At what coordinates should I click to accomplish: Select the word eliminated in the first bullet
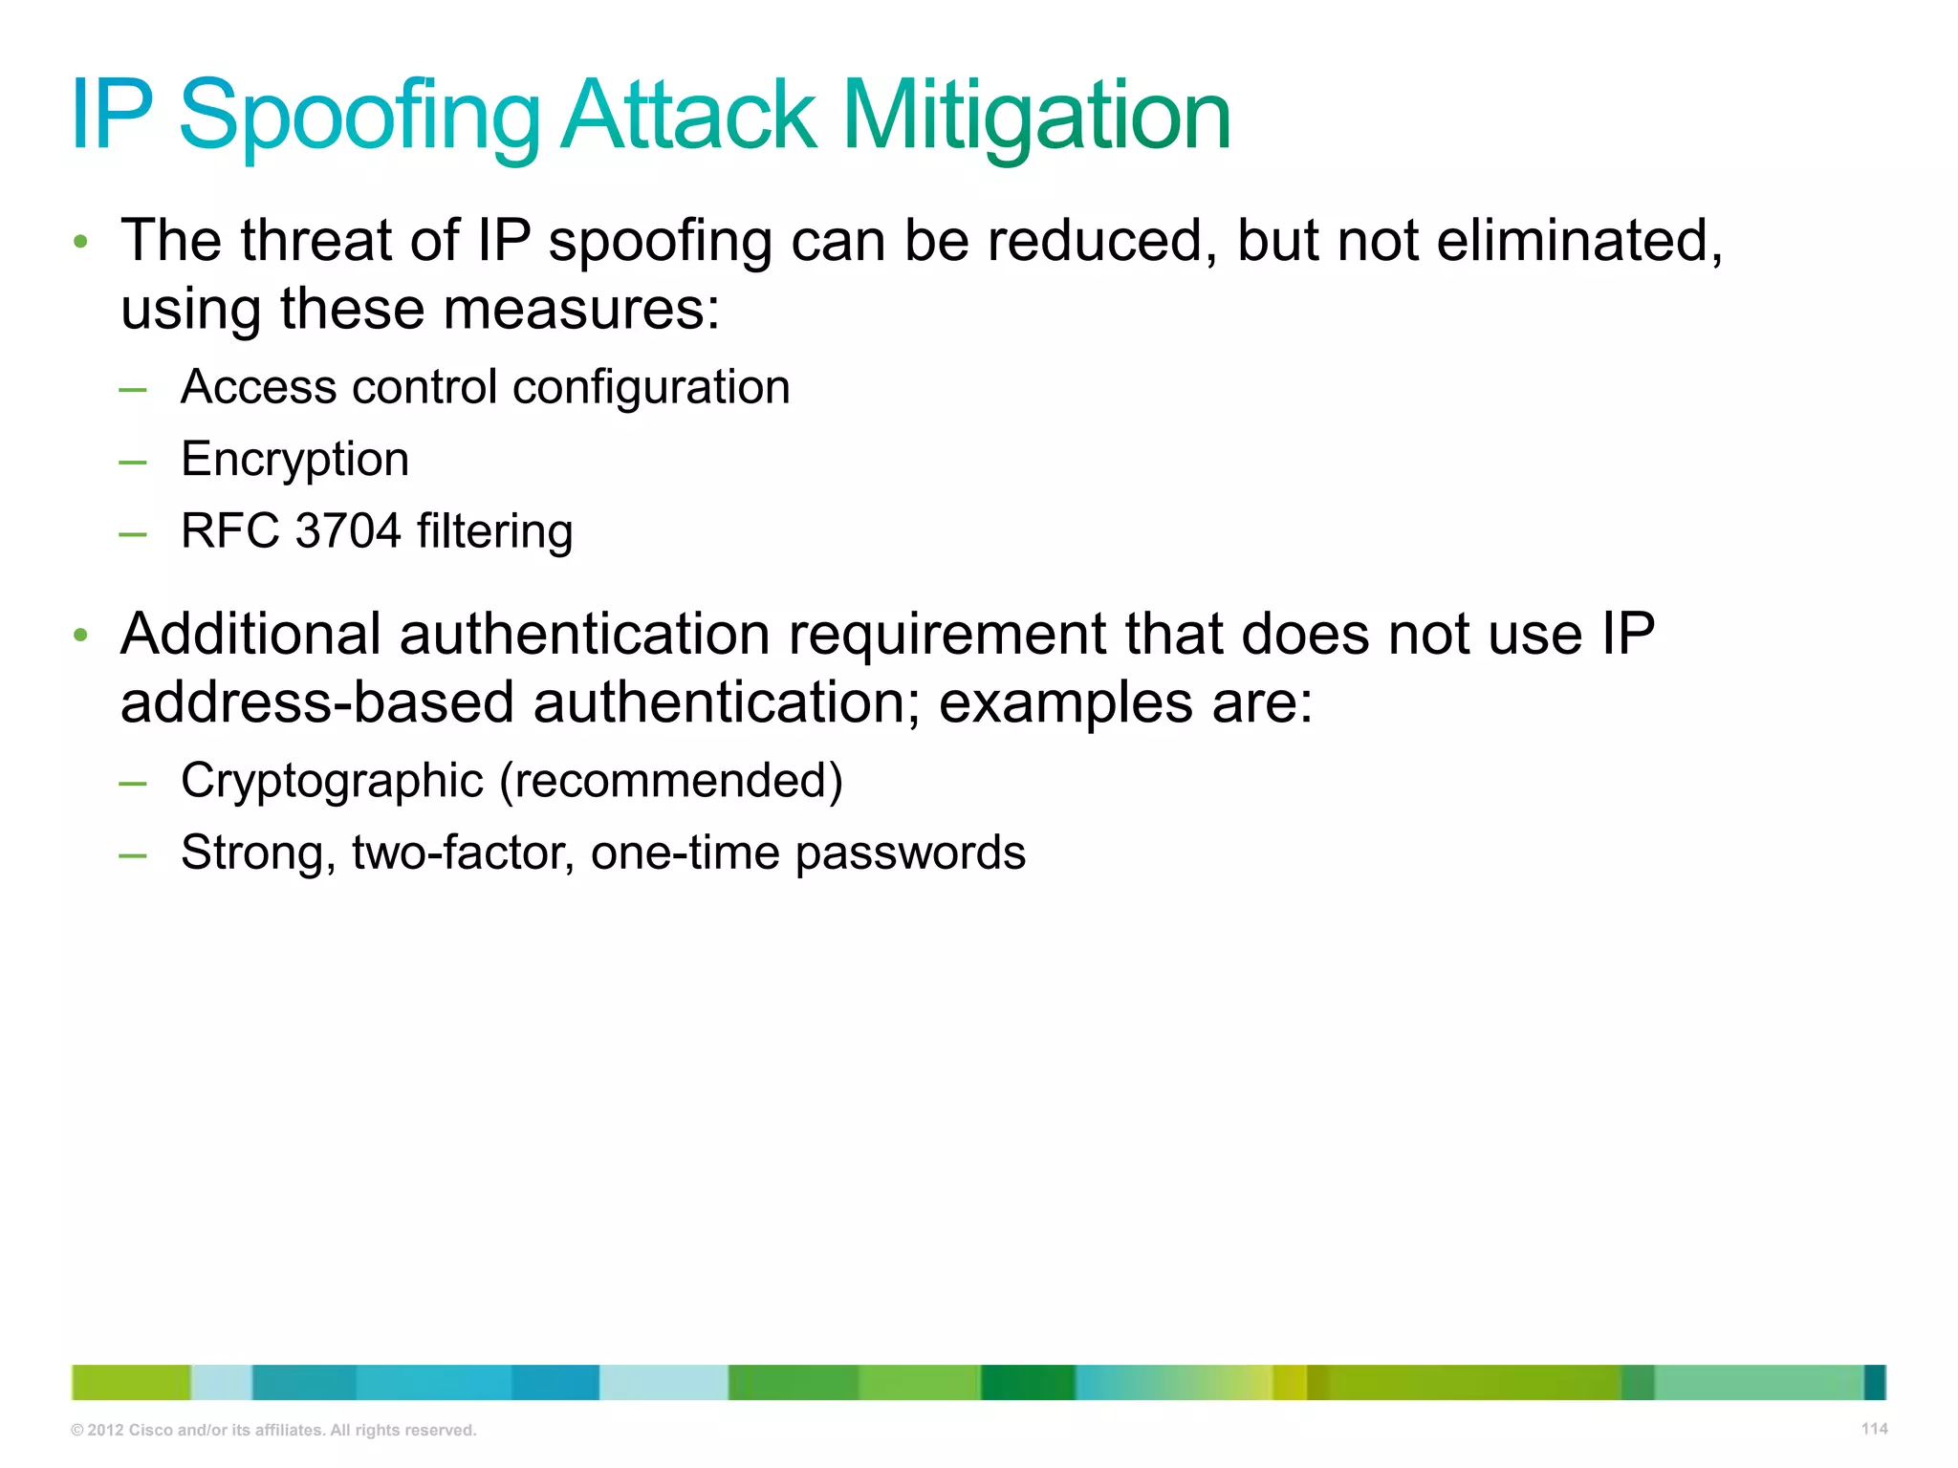coord(1578,240)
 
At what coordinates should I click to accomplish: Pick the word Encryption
coord(294,460)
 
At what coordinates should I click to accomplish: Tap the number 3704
coord(348,531)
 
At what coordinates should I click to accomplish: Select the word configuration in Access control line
coord(651,388)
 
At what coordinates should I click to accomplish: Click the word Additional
coord(250,634)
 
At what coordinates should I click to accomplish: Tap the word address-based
coord(317,703)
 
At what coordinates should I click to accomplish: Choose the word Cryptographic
coord(332,782)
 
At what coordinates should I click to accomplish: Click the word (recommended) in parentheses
coord(671,782)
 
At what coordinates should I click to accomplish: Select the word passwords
coord(909,853)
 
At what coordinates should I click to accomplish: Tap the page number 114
coord(1874,1429)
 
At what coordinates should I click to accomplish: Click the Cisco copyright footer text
coord(273,1430)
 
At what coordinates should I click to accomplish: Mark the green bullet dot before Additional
coord(81,635)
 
